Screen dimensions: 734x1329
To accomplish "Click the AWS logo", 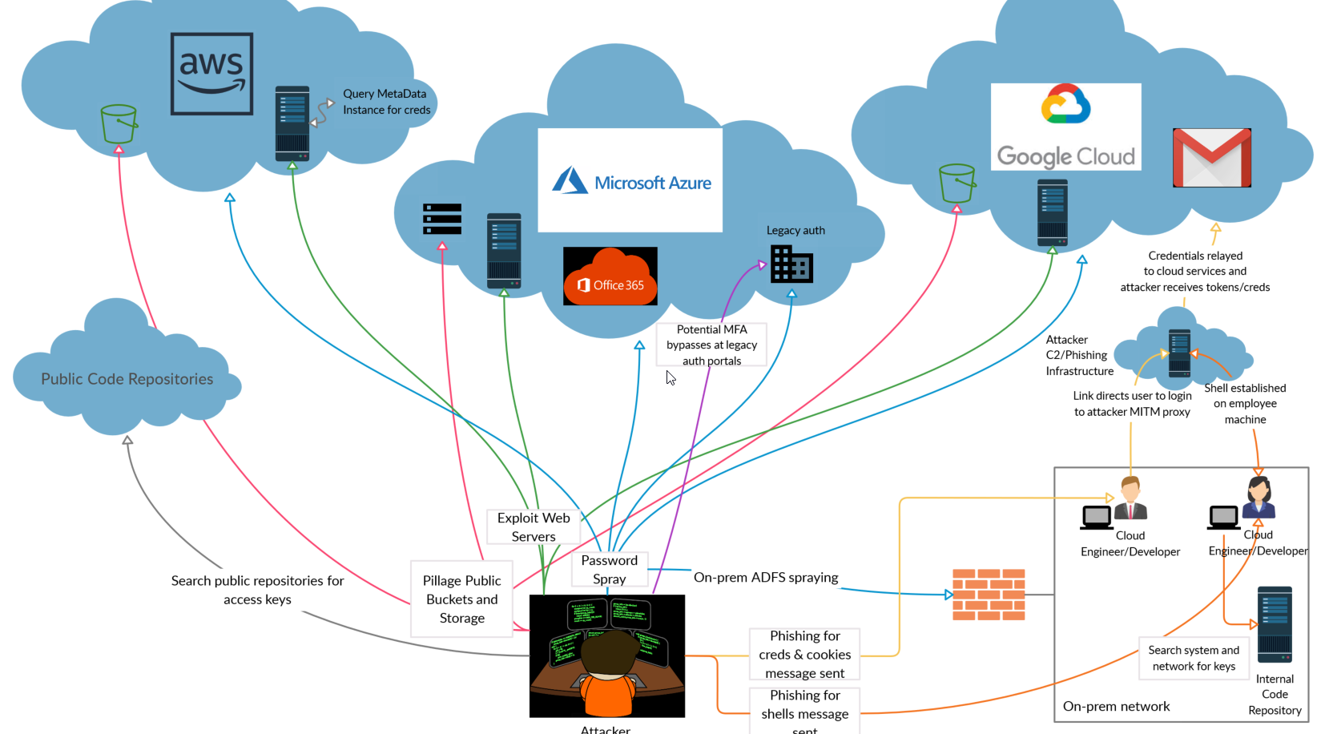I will click(211, 74).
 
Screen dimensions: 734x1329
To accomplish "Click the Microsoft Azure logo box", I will click(630, 180).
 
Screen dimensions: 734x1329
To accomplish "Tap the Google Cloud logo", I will click(1065, 127).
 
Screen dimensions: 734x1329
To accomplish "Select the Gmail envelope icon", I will click(1211, 157).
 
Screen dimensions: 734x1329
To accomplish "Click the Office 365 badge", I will click(610, 276).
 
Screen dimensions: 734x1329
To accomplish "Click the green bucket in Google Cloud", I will click(956, 183).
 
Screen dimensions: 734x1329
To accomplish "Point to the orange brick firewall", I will click(989, 595).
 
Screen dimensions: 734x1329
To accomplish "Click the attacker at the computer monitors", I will click(607, 655).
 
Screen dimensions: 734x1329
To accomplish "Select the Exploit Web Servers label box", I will click(534, 526).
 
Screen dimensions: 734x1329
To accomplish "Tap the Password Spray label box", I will click(610, 569).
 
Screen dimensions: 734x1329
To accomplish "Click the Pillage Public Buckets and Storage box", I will click(461, 599).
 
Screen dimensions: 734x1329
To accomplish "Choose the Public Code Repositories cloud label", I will click(127, 379).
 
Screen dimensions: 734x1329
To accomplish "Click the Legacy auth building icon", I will click(791, 264).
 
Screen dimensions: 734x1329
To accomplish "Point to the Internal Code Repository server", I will click(1274, 624).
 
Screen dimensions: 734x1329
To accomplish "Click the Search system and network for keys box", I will click(1194, 658).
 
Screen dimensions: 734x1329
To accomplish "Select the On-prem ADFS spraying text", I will click(765, 577).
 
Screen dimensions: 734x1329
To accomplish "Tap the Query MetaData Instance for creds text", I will click(386, 102).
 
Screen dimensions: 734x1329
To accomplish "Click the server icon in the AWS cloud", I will click(292, 123).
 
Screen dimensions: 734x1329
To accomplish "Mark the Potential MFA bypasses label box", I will click(711, 345).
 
